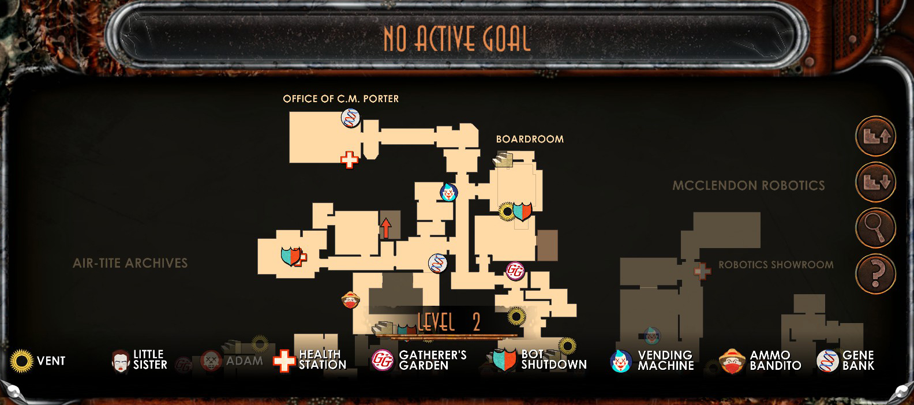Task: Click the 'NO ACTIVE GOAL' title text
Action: point(457,39)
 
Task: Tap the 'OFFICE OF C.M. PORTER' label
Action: point(340,99)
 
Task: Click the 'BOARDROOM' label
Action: point(530,139)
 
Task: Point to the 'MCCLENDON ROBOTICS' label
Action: point(748,186)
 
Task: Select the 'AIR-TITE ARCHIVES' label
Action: point(130,263)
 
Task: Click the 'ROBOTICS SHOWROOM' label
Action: point(776,265)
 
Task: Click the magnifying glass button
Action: point(875,228)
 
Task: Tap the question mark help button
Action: point(875,273)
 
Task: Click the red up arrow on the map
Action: point(385,227)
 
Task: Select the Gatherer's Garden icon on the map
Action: point(515,271)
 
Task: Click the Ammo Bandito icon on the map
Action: point(350,300)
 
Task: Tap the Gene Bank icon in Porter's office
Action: point(350,118)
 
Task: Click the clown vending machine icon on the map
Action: point(448,192)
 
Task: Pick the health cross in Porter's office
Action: point(349,160)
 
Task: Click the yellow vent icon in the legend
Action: point(21,361)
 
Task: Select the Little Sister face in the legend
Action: point(120,361)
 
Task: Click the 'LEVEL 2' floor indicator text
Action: point(448,322)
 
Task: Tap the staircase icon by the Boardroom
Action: point(503,159)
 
